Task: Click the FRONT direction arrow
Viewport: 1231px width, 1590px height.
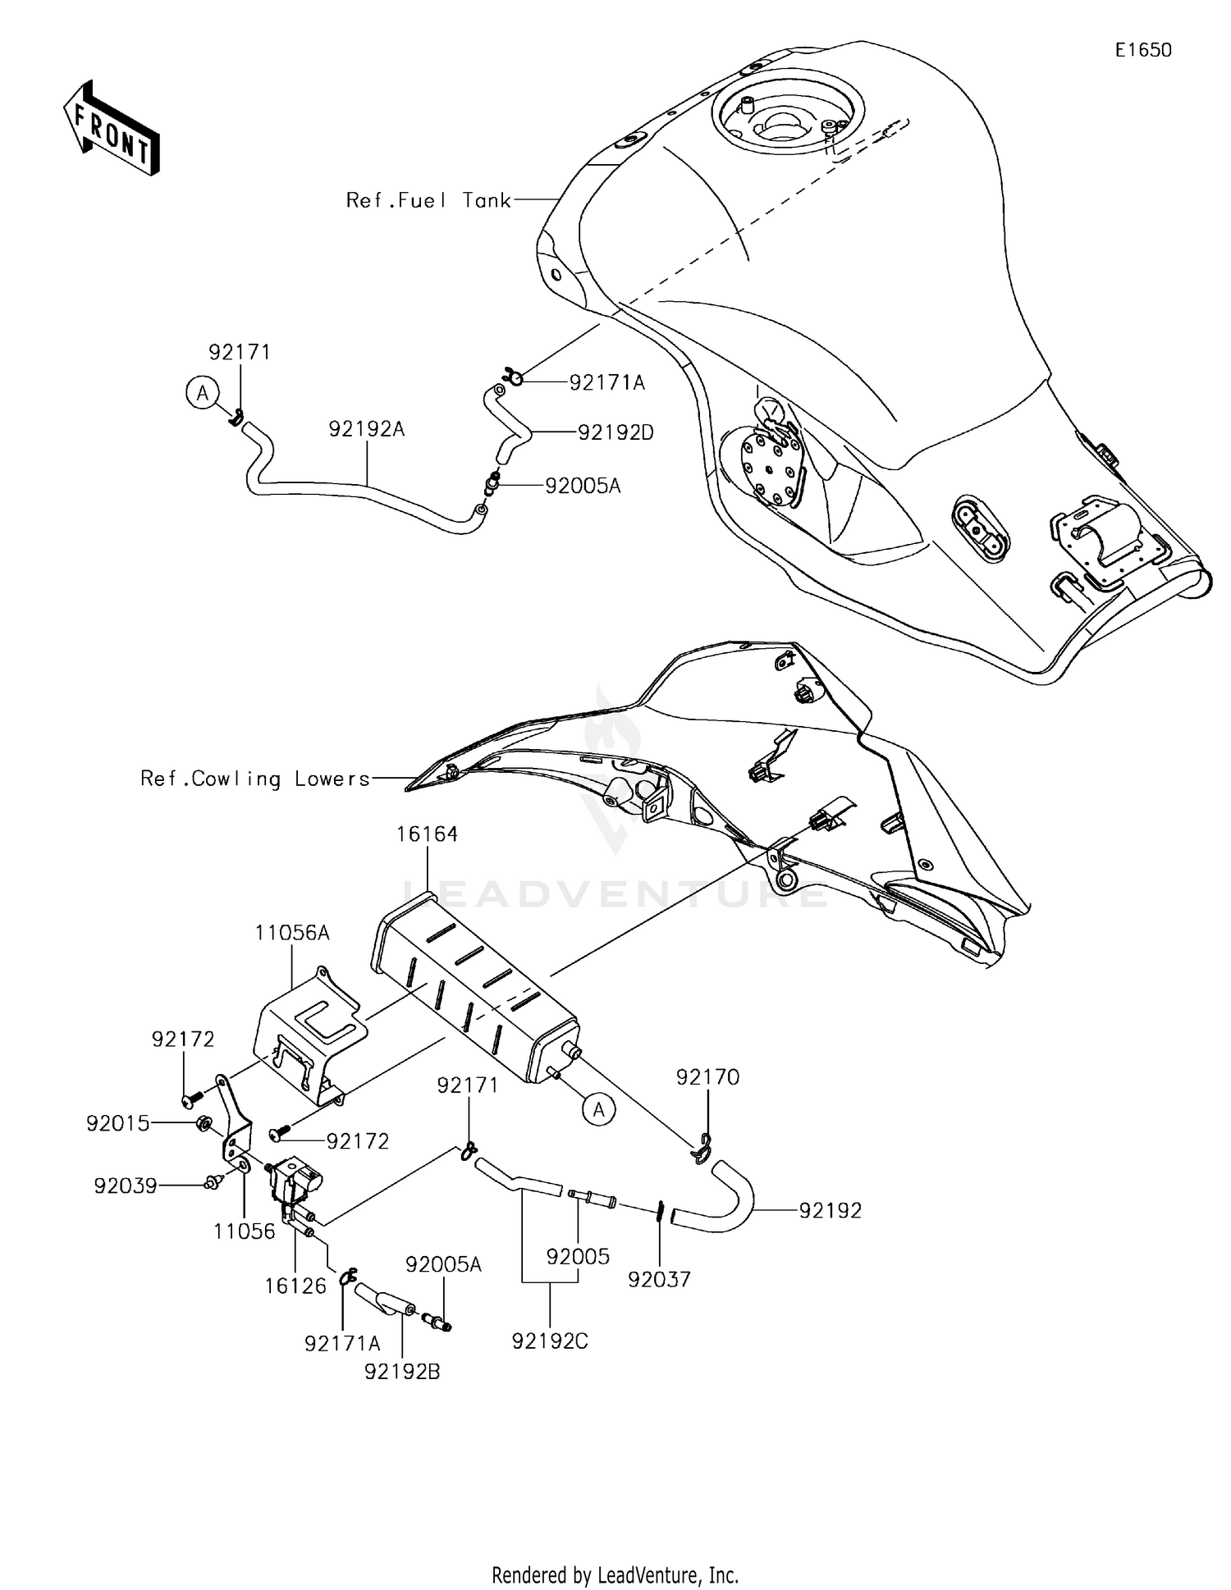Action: coord(111,128)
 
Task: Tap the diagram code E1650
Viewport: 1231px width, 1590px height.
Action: coord(1142,50)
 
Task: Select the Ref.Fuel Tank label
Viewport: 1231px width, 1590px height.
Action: coord(428,200)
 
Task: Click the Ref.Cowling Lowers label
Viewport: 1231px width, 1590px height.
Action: coord(255,779)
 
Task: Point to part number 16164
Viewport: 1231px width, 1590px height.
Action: coord(427,834)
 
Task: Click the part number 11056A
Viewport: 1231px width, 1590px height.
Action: coord(292,933)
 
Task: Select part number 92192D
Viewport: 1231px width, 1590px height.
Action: coord(615,432)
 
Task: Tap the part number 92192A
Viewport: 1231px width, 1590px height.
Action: coord(367,429)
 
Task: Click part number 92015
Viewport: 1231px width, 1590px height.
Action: coord(118,1123)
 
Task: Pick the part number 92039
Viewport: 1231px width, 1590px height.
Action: coord(125,1186)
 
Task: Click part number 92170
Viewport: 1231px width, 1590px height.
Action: coord(707,1076)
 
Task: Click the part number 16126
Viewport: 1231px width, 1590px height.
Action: coord(295,1286)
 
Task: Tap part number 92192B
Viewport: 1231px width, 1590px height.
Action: coord(402,1371)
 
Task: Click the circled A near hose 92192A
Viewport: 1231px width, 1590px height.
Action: coord(202,393)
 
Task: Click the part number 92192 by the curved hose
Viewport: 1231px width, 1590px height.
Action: coord(830,1210)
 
